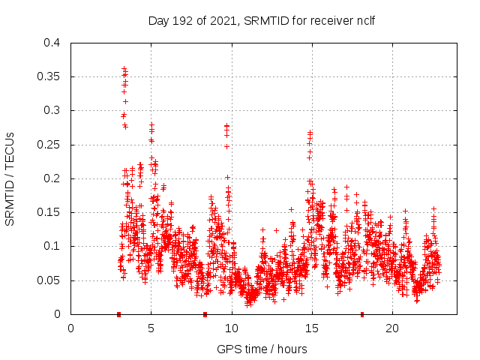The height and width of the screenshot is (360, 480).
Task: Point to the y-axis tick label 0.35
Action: [x=50, y=76]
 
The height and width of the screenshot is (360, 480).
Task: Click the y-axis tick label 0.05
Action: [x=50, y=280]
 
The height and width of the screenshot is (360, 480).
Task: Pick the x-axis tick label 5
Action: [x=151, y=328]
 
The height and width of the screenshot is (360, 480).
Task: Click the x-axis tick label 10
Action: [x=232, y=328]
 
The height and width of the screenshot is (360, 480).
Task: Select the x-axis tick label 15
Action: [x=312, y=328]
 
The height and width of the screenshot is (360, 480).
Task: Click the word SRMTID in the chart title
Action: [x=267, y=20]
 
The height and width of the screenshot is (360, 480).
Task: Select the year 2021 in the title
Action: [x=223, y=20]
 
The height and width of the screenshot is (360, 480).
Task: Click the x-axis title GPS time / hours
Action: [x=262, y=349]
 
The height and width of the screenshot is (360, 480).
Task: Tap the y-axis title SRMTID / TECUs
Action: [x=10, y=178]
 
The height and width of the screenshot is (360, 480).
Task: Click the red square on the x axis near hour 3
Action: [x=118, y=314]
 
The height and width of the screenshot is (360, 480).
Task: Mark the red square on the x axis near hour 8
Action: [x=205, y=314]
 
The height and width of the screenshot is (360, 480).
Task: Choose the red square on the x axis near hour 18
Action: [x=362, y=314]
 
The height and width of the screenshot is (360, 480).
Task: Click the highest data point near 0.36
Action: [x=124, y=69]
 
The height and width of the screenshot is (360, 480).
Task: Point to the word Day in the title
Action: [x=159, y=20]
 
